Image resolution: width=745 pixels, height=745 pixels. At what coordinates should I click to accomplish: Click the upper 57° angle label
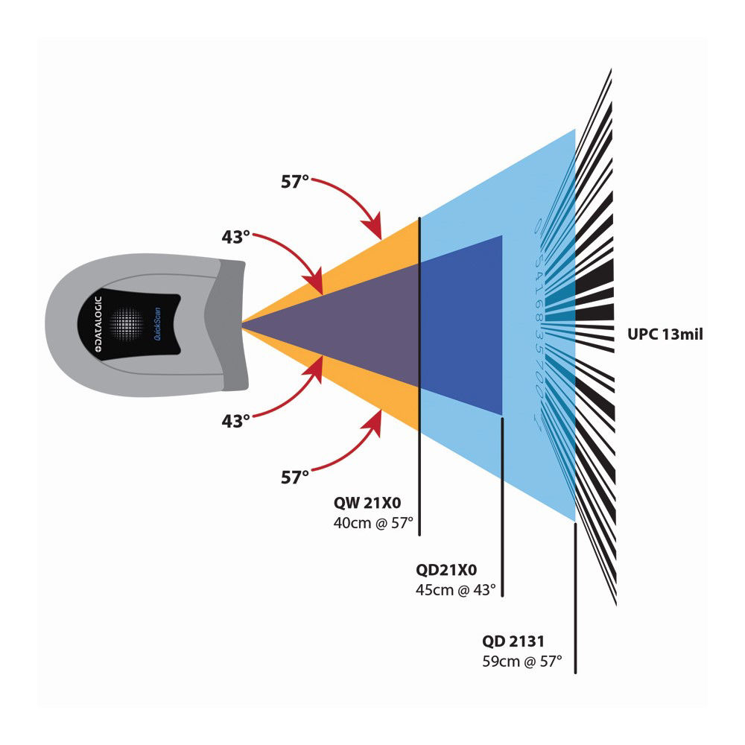(294, 180)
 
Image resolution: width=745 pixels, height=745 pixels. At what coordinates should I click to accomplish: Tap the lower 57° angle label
(294, 478)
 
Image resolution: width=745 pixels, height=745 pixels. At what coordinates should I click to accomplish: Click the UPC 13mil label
(665, 335)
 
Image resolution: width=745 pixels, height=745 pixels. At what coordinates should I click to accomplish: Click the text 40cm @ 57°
(372, 522)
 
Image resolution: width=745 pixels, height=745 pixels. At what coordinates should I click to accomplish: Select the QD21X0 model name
(446, 571)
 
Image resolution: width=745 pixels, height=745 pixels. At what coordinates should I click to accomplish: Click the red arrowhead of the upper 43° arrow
(318, 286)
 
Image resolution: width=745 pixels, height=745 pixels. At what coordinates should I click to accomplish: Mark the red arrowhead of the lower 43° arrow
(318, 366)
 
